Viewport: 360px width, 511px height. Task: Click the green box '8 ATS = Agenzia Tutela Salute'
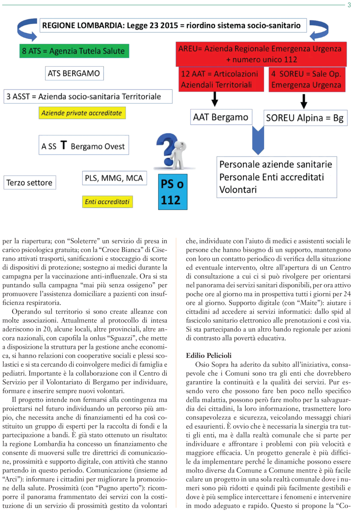point(74,51)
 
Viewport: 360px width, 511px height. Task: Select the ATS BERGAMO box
point(74,73)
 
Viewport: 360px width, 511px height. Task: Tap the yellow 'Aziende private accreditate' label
point(82,113)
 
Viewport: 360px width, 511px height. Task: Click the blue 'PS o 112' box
point(173,192)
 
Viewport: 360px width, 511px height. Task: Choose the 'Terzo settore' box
point(30,182)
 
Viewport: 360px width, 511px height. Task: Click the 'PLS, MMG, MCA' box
point(114,178)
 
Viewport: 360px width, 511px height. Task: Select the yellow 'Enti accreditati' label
point(107,202)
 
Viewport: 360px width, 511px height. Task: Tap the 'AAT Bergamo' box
point(221,117)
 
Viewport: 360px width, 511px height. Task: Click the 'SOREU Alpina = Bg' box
point(305,118)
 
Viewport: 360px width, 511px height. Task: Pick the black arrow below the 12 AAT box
point(215,99)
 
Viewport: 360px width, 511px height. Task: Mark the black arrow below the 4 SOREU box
point(304,101)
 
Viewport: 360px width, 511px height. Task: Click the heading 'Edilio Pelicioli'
point(209,355)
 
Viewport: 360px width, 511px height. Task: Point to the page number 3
point(349,5)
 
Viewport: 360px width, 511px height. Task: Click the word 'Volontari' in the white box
point(238,190)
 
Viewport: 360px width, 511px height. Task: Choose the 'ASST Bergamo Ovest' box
point(84,145)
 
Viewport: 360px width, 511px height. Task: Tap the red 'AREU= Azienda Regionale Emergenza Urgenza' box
point(261,54)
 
